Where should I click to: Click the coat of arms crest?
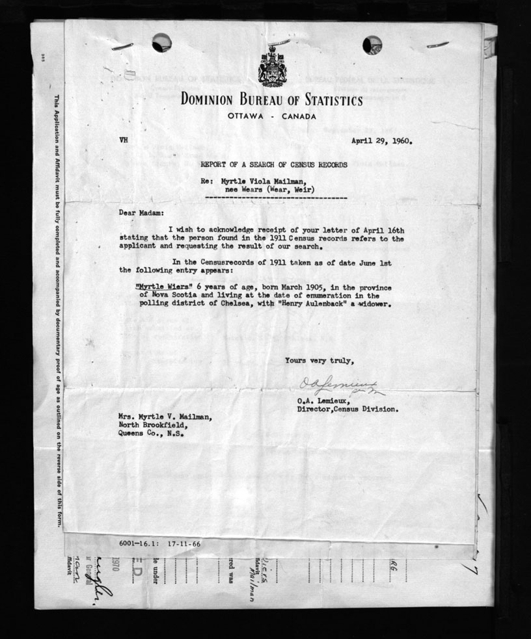click(271, 66)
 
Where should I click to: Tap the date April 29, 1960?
click(382, 140)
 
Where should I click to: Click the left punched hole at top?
click(161, 43)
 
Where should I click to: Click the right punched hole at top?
click(372, 44)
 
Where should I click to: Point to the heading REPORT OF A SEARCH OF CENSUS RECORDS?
click(273, 165)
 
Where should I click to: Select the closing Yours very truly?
click(319, 361)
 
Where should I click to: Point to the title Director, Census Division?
click(347, 410)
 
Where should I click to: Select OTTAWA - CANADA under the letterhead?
click(272, 116)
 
